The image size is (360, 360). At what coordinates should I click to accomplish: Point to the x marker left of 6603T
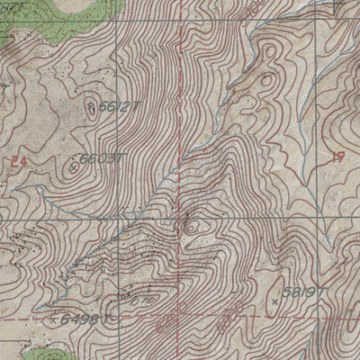73,166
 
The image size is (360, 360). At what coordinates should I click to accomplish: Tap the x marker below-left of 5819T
274,303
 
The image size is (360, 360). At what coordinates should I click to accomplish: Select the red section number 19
338,156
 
